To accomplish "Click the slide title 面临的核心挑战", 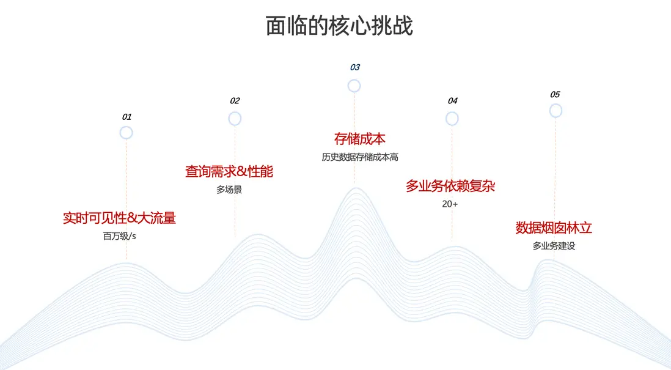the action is [339, 26].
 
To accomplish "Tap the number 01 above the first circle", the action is [127, 117].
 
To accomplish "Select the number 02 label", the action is [235, 101].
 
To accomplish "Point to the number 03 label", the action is [355, 67].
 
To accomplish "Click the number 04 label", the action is [453, 101].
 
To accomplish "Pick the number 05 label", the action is [555, 95].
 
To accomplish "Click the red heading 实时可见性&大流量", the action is [119, 218].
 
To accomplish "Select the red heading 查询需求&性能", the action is [229, 172].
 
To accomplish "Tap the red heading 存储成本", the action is [360, 139].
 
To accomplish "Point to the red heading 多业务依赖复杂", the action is [450, 186].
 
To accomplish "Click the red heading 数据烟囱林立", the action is [554, 228].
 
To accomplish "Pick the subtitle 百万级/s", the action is [119, 236].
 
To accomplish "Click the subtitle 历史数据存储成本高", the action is [360, 157].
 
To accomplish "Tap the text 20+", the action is [450, 204].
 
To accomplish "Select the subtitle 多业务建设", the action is [554, 246].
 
